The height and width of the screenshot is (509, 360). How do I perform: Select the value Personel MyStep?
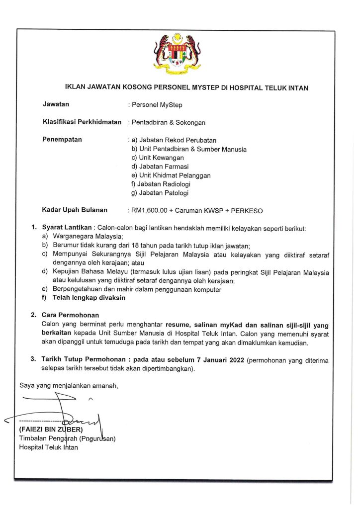point(155,104)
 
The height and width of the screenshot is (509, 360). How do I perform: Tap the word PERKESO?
point(246,210)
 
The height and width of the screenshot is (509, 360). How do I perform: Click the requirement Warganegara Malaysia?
point(88,237)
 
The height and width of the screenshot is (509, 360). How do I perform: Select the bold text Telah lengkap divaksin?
point(90,298)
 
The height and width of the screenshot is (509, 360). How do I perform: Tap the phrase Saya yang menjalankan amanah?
point(69,385)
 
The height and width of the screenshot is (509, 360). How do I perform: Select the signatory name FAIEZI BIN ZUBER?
point(50,428)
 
